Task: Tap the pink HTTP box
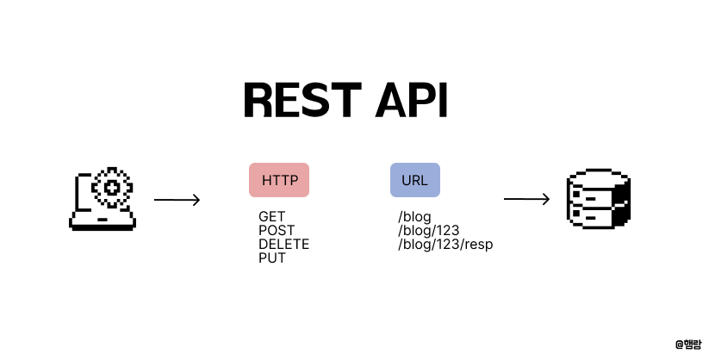coord(279,181)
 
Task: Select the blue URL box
coord(414,181)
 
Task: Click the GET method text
coord(271,217)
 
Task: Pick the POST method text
coord(276,231)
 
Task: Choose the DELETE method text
coord(283,245)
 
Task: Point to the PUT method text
coord(271,258)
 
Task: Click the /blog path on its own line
coord(414,217)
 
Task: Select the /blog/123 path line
coord(428,231)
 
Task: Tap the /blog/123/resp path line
coord(445,245)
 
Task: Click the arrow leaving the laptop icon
coord(177,201)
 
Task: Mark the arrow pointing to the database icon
coord(526,200)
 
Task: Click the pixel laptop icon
coord(103,200)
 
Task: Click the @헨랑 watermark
coord(689,344)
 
